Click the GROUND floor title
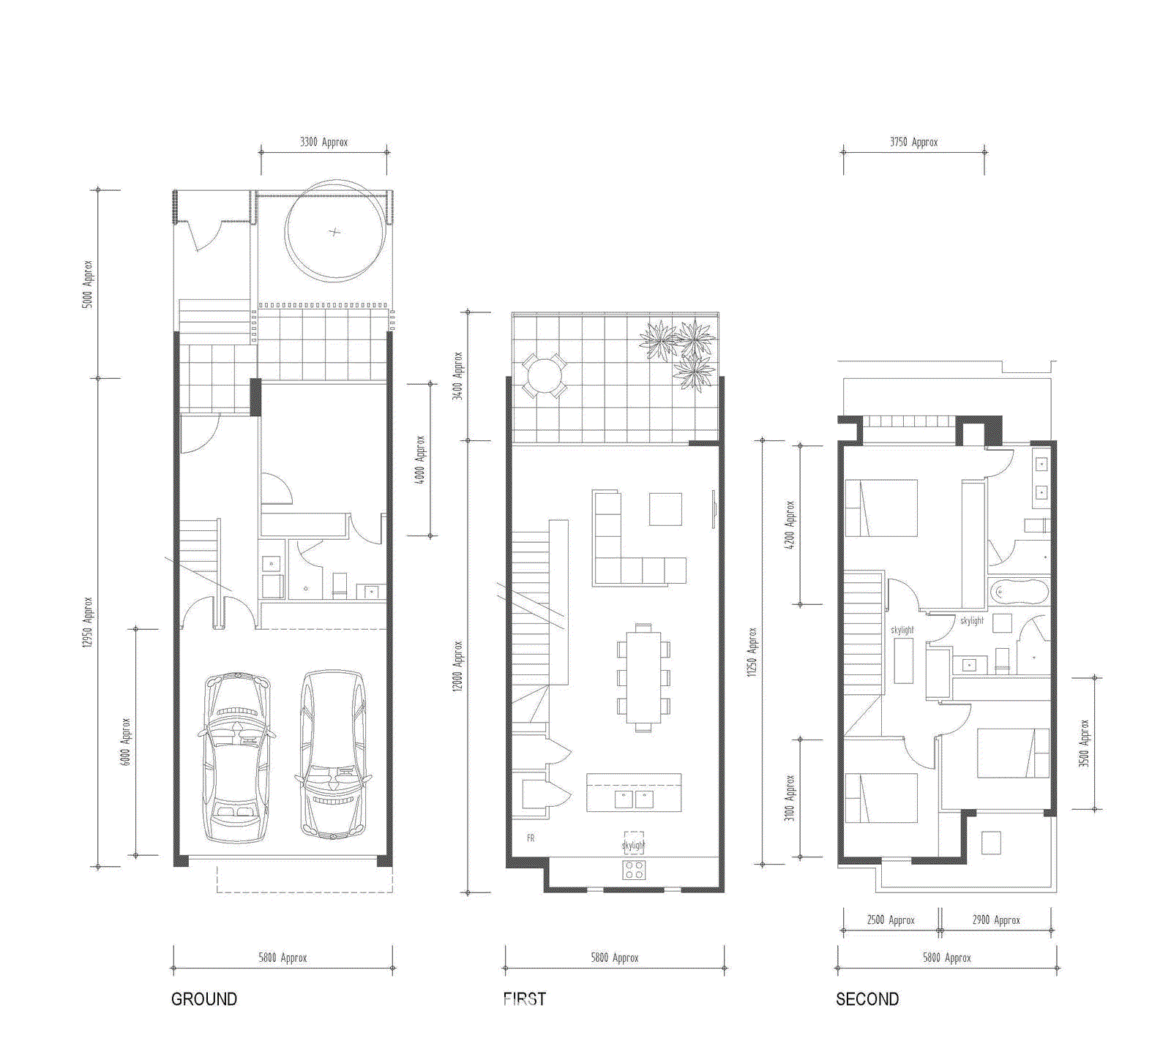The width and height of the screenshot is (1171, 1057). tap(203, 999)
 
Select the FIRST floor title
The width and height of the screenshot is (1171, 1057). tap(524, 999)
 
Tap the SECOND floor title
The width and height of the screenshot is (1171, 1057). tap(867, 999)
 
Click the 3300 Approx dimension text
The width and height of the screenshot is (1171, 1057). tap(323, 142)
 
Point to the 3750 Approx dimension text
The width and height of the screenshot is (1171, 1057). tap(913, 142)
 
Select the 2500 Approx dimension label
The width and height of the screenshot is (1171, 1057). tap(891, 920)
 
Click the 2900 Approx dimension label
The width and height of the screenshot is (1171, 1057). tap(995, 920)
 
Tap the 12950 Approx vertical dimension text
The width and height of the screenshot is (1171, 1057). tap(87, 622)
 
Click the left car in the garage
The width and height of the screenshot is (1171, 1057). tap(236, 757)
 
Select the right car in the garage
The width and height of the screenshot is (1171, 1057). tap(333, 753)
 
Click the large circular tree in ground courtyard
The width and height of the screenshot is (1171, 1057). tap(335, 231)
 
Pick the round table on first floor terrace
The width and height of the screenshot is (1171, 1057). tap(543, 376)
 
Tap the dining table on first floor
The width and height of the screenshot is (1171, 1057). tap(643, 677)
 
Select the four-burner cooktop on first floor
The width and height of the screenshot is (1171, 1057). tap(634, 870)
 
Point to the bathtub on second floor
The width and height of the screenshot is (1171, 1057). tap(1019, 592)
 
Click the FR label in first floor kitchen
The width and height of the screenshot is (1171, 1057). tap(531, 838)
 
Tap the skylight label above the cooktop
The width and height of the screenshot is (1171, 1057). tap(633, 845)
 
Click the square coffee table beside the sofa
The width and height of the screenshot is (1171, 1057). tap(665, 509)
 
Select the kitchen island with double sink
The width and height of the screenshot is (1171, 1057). tap(634, 793)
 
